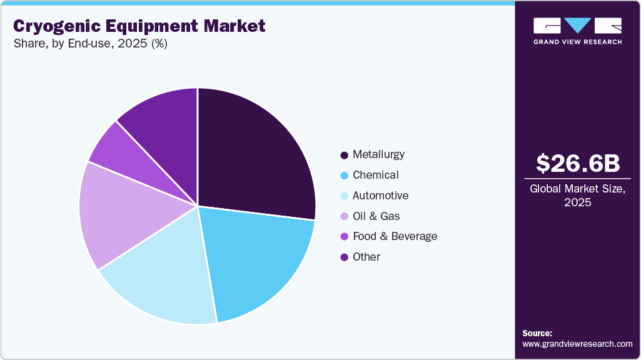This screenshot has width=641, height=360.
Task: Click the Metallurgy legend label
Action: (x=378, y=154)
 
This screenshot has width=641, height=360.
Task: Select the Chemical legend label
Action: (x=375, y=175)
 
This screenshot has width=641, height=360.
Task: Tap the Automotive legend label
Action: (x=380, y=196)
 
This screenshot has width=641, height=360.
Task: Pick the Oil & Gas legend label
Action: (x=376, y=216)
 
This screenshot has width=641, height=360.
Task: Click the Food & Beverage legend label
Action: (x=395, y=236)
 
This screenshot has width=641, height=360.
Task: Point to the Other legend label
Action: (x=366, y=257)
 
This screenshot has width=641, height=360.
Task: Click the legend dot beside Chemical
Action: (x=344, y=176)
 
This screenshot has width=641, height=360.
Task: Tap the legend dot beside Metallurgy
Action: (x=344, y=155)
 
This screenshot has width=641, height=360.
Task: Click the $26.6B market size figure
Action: (x=578, y=163)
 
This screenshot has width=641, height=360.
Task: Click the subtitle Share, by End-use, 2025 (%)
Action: (x=90, y=44)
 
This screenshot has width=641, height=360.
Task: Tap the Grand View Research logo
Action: (x=577, y=31)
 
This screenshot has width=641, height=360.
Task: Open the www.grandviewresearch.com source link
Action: (x=577, y=344)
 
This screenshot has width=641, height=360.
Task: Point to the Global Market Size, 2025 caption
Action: (x=577, y=196)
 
